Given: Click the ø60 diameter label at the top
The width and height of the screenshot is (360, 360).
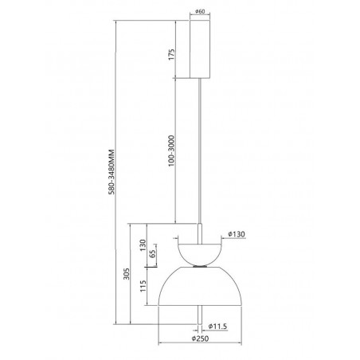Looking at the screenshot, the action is click(200, 11).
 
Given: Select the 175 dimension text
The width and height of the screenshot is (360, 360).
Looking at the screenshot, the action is click(172, 54).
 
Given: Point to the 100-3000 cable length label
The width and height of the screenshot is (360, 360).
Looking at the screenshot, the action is click(172, 151).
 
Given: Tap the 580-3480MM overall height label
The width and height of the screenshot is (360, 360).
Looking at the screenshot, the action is click(112, 172).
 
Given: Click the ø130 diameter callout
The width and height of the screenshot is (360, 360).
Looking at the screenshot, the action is click(237, 234).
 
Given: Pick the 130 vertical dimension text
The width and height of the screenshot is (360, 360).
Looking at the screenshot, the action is click(143, 245).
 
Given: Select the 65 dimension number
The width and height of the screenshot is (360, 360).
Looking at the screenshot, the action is click(152, 254).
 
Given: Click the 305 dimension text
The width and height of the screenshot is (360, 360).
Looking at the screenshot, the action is click(127, 273).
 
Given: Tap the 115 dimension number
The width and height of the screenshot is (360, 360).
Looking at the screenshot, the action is click(143, 286).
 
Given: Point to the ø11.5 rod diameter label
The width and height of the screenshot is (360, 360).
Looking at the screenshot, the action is click(217, 327).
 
